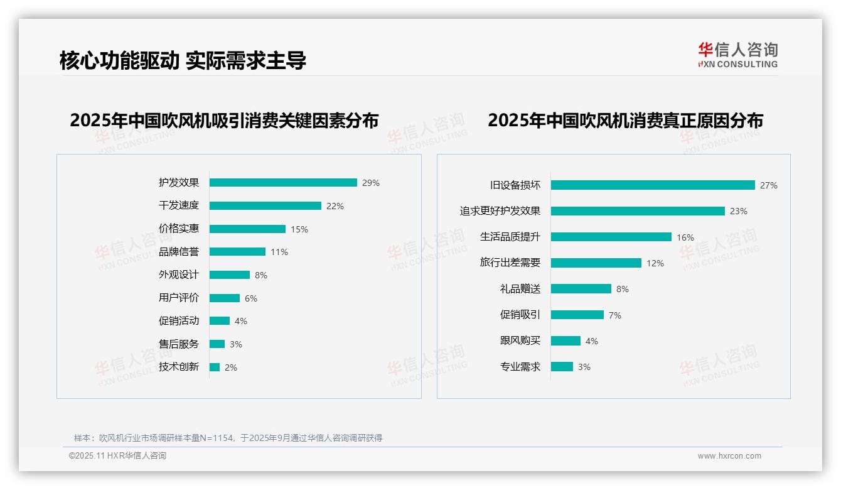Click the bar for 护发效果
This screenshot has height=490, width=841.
(283, 183)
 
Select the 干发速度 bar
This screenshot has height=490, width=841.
(265, 206)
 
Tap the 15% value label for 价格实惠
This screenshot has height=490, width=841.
(299, 229)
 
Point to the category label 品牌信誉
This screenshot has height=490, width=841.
(179, 252)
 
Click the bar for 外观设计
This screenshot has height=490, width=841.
(230, 275)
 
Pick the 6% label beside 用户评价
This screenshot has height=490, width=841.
(251, 298)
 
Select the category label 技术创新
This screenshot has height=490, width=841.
(179, 367)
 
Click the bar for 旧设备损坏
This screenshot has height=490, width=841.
(653, 185)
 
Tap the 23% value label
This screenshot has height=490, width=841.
(739, 211)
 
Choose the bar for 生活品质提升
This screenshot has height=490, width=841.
(611, 237)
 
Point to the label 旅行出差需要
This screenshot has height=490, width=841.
(510, 263)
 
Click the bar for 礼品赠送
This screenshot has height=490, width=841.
(581, 289)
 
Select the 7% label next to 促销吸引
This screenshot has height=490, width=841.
(615, 315)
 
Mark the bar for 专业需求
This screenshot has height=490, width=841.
(562, 367)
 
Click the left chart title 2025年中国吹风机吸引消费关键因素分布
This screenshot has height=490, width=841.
(224, 120)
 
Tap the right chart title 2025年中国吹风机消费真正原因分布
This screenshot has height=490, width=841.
(625, 120)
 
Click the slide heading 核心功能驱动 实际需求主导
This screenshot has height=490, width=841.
(183, 61)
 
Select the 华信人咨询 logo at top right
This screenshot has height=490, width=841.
(737, 55)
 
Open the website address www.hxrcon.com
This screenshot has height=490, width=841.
(729, 456)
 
